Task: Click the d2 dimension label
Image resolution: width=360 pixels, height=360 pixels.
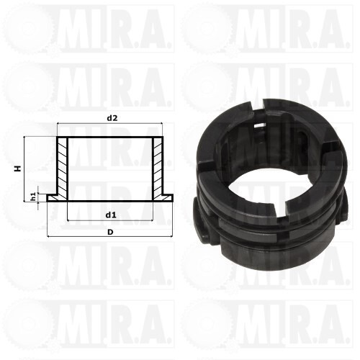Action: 112,118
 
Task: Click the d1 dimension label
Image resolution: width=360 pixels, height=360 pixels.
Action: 111,215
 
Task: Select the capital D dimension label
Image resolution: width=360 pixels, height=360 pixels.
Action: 110,232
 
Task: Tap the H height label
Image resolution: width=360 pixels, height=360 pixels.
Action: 18,168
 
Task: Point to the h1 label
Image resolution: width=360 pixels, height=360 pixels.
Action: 34,197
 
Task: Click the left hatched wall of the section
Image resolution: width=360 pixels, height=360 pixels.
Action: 63,168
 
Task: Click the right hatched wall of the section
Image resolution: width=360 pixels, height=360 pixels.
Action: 158,168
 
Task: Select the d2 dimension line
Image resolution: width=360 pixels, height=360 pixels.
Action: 110,123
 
